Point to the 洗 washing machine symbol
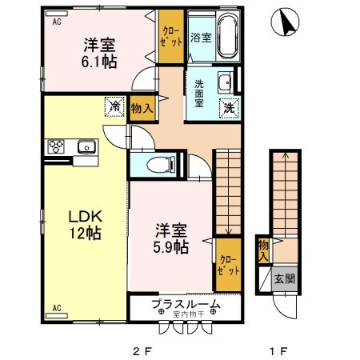(228, 106)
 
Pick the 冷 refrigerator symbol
(114, 106)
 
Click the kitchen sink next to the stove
(85, 146)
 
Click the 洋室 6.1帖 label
(99, 52)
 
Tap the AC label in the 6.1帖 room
(57, 22)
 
